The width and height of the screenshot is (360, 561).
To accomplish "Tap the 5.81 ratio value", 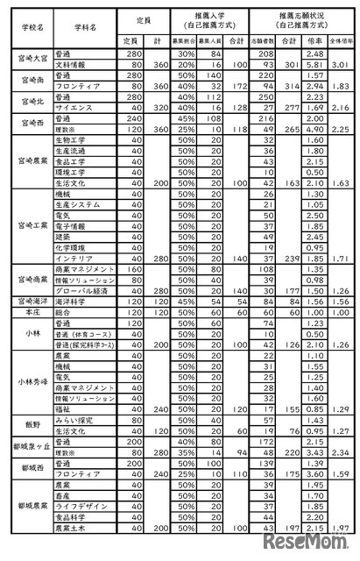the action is click(x=307, y=65).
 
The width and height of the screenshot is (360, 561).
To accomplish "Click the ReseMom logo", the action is click(x=320, y=545).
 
